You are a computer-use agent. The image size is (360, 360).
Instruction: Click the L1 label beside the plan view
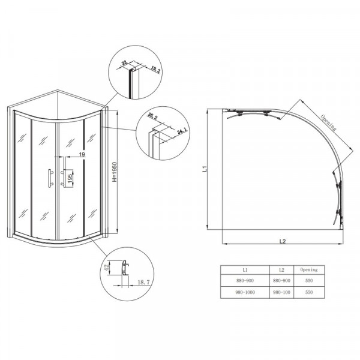[205, 170]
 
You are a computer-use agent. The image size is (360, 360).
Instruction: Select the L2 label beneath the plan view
[281, 242]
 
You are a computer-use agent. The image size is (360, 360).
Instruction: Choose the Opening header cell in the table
[310, 270]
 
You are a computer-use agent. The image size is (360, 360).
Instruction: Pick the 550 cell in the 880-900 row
[310, 281]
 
